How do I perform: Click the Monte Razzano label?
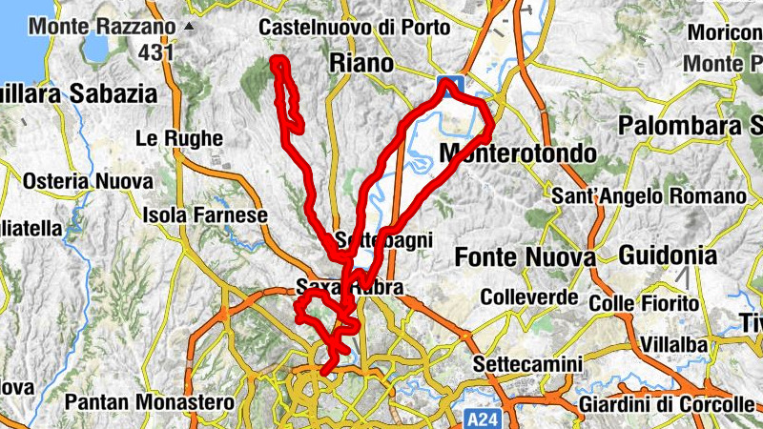tap(103, 26)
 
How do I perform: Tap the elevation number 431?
tap(155, 52)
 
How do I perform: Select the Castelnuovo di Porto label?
tap(354, 28)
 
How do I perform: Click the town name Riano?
tap(361, 64)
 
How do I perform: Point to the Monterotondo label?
tap(518, 153)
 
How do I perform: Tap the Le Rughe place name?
tap(179, 138)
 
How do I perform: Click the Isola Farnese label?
tap(205, 215)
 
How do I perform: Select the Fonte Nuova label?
tap(526, 257)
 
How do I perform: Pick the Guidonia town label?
tap(668, 255)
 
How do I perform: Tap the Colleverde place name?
tap(529, 297)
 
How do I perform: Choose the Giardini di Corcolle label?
tap(667, 404)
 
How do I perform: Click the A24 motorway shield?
tap(484, 419)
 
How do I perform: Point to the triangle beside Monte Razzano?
tap(190, 26)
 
